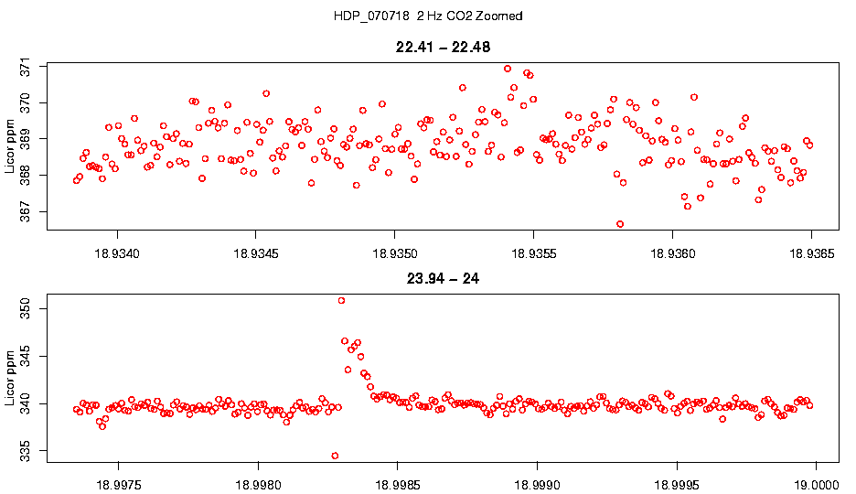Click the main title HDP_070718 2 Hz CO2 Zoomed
pos(428,16)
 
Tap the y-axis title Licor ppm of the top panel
pos(12,145)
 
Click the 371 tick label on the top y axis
pos(25,68)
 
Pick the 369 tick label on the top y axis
pos(25,140)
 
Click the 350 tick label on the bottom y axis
pos(25,308)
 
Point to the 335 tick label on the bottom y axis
pos(25,450)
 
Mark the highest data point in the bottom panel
pos(341,300)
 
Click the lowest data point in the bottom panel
pos(335,456)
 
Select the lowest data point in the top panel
pos(620,224)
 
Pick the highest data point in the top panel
pos(508,69)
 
